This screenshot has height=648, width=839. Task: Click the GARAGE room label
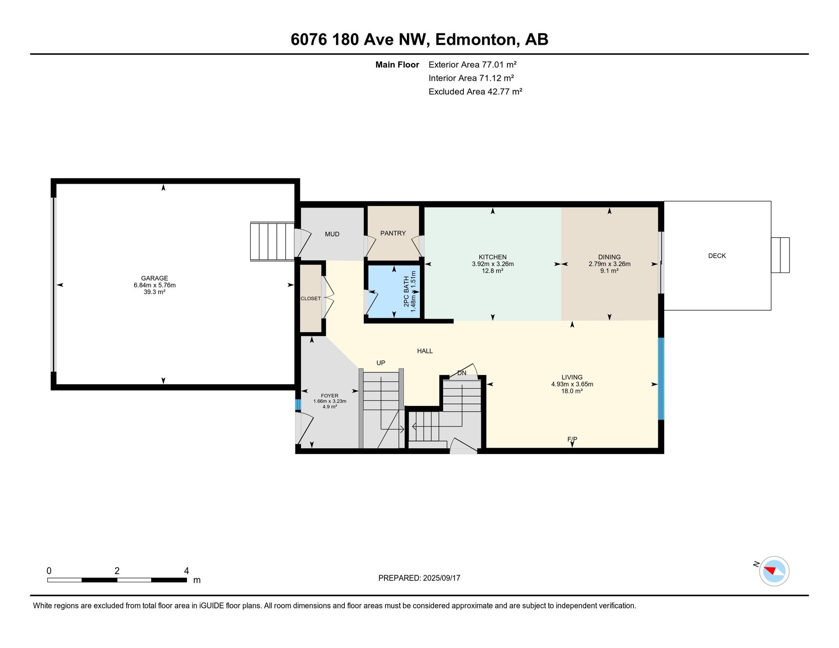coord(154,278)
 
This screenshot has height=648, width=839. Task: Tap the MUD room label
coord(332,234)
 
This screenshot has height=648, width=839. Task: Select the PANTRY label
coord(393,233)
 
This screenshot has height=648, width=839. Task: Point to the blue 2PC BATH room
coord(394,291)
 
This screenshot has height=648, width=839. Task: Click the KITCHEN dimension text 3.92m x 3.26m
coord(493,264)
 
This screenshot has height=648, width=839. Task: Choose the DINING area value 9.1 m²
coord(609,271)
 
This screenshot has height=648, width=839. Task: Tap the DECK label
coord(717,256)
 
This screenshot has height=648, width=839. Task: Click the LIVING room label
coord(572,377)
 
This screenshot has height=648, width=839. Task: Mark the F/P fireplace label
coord(572,439)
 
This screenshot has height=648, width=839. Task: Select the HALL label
coord(425,351)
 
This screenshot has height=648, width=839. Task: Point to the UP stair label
coord(381,363)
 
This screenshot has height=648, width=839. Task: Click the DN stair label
coord(462,373)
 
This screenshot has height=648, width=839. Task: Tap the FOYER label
coord(330,396)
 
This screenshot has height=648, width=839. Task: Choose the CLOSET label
coord(311,299)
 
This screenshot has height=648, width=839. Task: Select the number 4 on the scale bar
coord(187,571)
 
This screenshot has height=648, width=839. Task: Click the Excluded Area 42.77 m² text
coord(475,92)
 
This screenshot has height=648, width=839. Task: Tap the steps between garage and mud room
coord(272,241)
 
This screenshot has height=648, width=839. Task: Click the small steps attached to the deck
coord(780,255)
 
